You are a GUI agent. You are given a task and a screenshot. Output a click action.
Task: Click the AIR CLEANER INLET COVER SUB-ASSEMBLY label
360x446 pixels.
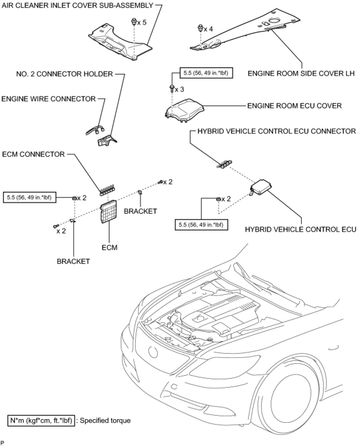(x=77, y=5)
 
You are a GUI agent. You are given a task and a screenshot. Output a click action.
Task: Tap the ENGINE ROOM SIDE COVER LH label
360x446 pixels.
(x=301, y=73)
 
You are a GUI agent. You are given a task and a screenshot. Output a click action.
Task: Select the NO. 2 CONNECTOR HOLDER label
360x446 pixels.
(x=65, y=74)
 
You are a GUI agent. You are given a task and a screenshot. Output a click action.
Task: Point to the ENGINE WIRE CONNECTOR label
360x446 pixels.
(x=48, y=99)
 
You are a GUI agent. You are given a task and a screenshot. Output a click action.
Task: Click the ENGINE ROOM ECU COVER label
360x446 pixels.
(x=294, y=106)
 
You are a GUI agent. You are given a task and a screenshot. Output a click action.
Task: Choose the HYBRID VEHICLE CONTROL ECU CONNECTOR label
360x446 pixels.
(x=276, y=131)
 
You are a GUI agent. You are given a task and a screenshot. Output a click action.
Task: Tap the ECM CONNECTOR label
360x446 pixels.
(x=33, y=154)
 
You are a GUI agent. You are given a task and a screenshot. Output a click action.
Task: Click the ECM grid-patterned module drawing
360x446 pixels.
(x=108, y=212)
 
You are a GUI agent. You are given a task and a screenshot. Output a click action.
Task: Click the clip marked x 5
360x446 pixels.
(x=134, y=21)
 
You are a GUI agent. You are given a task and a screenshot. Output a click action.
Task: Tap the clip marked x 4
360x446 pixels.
(x=201, y=29)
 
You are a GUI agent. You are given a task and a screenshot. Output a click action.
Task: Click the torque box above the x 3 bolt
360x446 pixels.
(x=206, y=73)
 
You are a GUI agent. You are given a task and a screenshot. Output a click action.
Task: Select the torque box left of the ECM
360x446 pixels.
(x=29, y=197)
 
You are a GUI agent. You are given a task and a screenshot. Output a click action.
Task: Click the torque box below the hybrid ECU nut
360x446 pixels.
(x=201, y=225)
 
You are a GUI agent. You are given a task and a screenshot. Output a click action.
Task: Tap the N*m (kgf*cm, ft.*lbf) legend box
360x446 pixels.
(x=41, y=420)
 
